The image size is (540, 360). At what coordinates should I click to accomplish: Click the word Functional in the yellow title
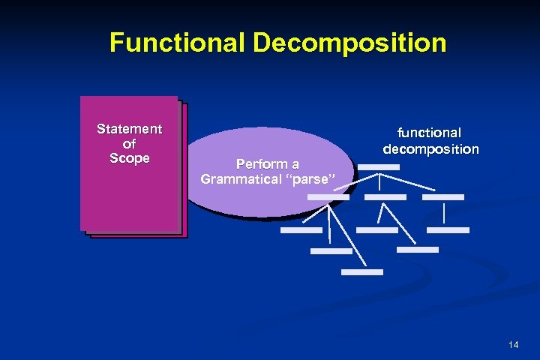[178, 42]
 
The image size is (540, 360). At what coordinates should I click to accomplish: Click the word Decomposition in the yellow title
[349, 42]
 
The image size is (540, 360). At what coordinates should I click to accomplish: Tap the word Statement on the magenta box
[130, 129]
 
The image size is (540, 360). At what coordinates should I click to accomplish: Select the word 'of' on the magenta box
[129, 143]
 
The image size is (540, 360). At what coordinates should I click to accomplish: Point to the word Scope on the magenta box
[130, 158]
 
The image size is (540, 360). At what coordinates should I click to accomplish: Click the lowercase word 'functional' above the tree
[430, 133]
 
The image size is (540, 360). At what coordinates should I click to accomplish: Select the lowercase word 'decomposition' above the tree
[430, 148]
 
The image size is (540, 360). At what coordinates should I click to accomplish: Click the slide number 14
[513, 344]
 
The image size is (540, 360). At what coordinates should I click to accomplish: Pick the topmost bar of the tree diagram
[378, 168]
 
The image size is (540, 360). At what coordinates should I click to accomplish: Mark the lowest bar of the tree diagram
[361, 271]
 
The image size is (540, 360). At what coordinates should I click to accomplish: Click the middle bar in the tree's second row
[385, 197]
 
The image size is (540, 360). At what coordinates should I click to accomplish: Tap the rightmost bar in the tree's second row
[443, 197]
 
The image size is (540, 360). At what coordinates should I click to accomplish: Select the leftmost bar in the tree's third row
[301, 230]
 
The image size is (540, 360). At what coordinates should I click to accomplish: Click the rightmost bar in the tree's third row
[448, 230]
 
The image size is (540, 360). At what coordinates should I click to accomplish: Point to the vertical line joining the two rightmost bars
[444, 214]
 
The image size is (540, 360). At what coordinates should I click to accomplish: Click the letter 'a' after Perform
[295, 164]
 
